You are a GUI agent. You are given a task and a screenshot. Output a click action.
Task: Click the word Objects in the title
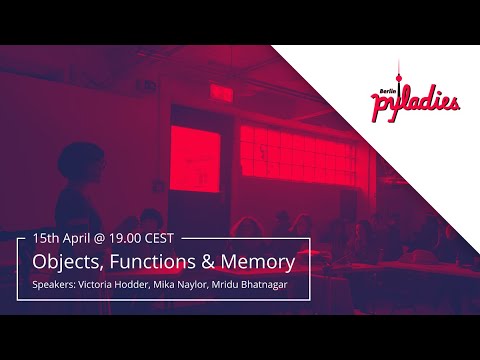pos(64,263)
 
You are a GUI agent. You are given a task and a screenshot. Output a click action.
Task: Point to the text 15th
pos(46,239)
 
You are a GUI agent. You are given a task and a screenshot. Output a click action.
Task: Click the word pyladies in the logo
pos(414,102)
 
